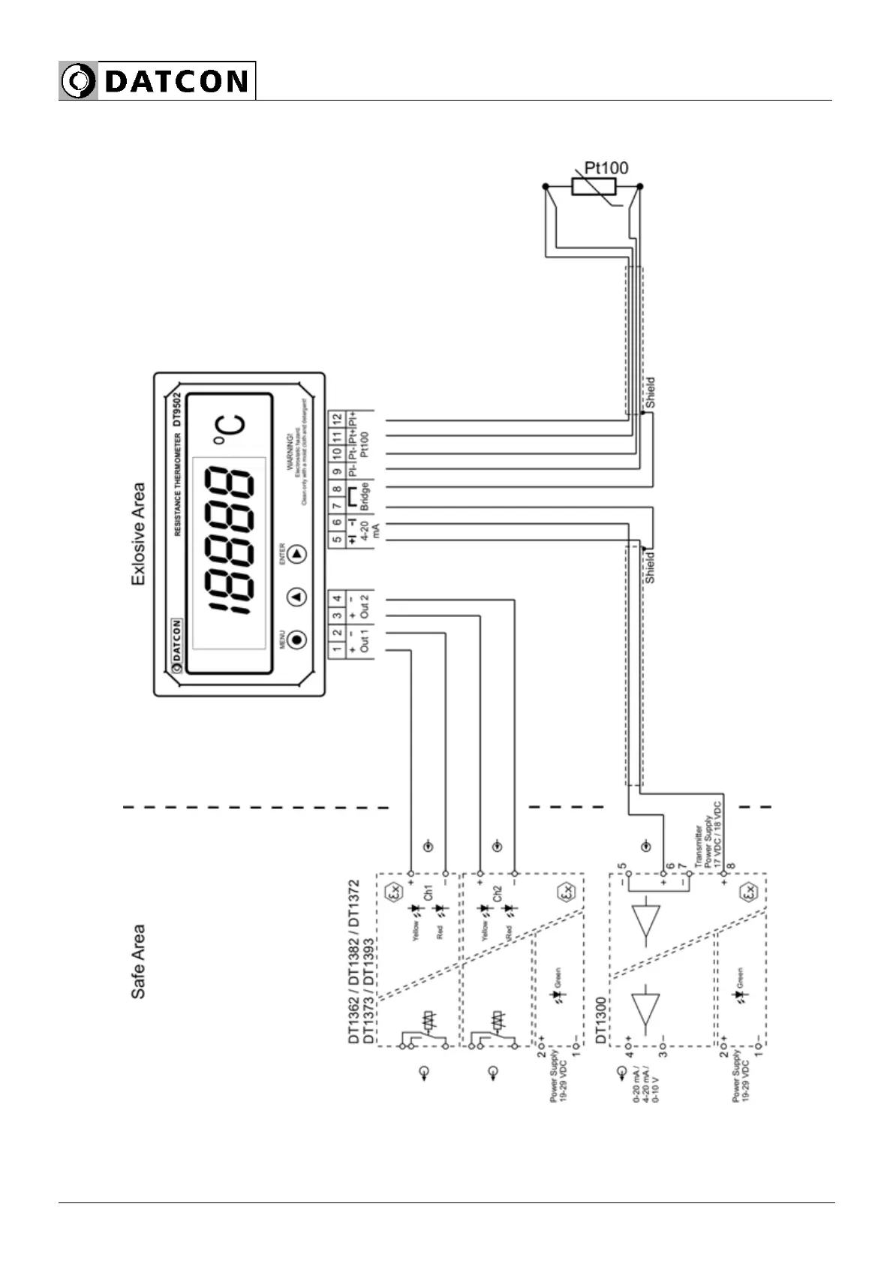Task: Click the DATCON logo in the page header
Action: click(x=157, y=81)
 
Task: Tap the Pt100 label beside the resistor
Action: click(x=606, y=168)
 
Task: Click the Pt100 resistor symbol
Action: click(x=594, y=186)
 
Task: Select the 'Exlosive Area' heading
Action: click(x=139, y=534)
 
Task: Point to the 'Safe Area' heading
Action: click(x=139, y=962)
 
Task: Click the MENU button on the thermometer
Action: click(x=298, y=640)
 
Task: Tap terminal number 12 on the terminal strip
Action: click(x=337, y=418)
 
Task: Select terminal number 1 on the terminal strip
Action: click(x=337, y=649)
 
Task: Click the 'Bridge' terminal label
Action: click(x=365, y=497)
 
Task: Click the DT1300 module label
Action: click(x=601, y=1021)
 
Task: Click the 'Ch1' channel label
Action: click(x=428, y=893)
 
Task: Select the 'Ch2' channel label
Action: click(x=497, y=893)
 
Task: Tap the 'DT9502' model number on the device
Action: click(x=177, y=408)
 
